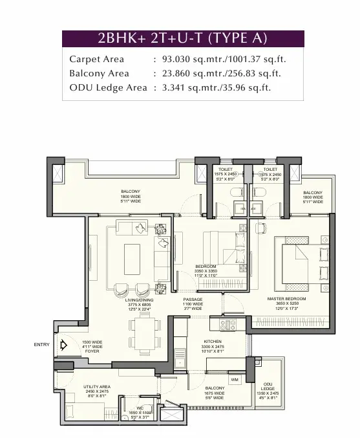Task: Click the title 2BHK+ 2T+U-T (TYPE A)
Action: (182, 38)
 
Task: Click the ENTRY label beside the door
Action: (41, 345)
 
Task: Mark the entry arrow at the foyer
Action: (63, 345)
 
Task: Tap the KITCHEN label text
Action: (213, 341)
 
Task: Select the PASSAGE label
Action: (193, 300)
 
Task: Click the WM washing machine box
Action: (234, 379)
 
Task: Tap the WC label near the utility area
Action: (140, 408)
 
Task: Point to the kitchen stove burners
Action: (228, 325)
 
